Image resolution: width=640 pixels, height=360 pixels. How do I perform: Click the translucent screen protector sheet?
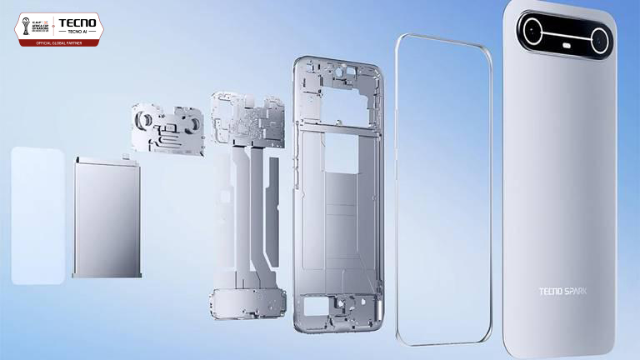pos(37,215)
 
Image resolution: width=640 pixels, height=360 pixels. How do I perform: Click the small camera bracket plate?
pos(167,129)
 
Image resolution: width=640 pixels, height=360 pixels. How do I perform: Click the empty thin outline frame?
pos(442,187)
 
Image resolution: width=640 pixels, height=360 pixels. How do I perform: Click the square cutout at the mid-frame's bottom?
pos(318,306)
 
